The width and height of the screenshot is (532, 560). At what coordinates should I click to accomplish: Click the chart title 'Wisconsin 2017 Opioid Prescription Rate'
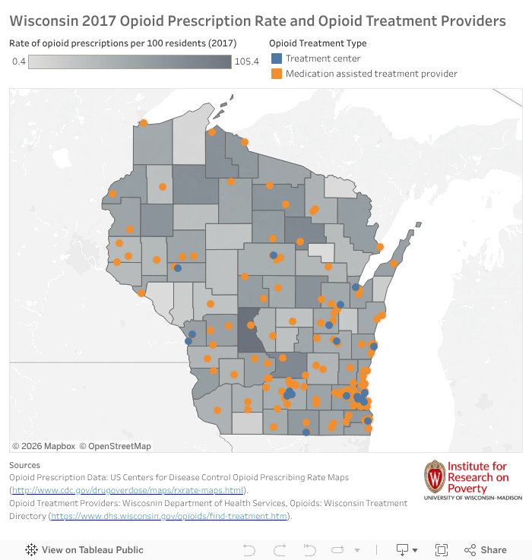(257, 21)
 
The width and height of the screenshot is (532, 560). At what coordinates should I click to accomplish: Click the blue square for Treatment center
(277, 59)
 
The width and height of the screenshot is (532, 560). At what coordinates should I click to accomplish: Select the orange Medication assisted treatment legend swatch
(277, 74)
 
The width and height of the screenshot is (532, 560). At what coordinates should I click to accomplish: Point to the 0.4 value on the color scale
(18, 61)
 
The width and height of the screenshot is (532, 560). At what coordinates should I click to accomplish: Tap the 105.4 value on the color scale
(247, 61)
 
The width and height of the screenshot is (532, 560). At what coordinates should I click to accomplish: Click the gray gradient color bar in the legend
(129, 61)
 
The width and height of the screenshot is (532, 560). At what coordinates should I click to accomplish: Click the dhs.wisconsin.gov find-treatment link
(169, 516)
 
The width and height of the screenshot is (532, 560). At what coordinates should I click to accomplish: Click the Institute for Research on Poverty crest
(434, 476)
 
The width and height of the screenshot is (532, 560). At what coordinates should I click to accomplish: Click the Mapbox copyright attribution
(43, 446)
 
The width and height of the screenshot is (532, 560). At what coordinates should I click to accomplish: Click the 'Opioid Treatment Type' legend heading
(318, 43)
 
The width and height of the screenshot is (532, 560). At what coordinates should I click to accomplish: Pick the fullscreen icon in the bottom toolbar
(441, 549)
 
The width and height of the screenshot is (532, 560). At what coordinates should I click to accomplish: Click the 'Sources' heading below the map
(25, 464)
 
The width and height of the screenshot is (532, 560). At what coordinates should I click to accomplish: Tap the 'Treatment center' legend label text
(323, 59)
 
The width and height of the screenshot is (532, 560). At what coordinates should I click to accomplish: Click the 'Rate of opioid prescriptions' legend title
(122, 43)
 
